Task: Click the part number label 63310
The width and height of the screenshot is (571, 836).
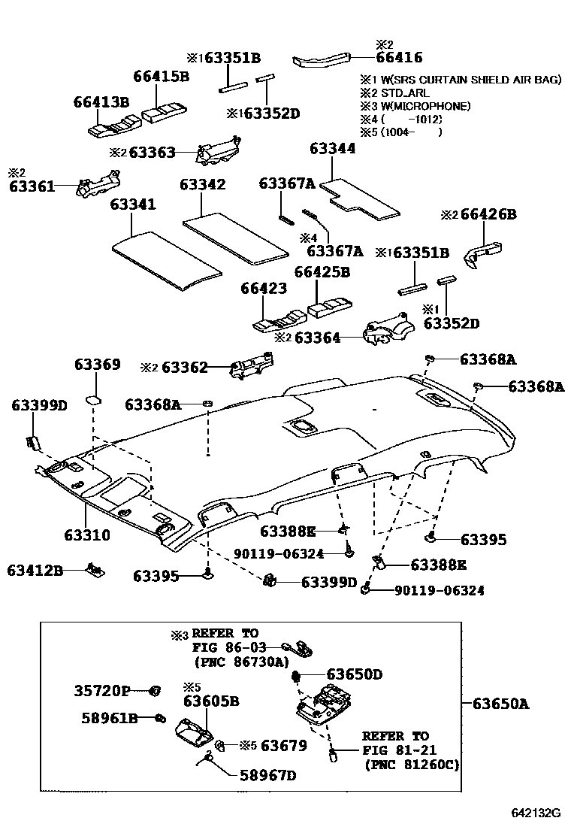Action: [x=87, y=536]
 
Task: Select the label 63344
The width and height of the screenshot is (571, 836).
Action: [x=331, y=149]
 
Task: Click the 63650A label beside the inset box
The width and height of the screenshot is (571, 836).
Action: [x=500, y=704]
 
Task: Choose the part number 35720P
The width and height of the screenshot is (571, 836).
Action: [x=102, y=690]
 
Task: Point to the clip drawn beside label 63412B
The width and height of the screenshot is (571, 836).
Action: [x=95, y=570]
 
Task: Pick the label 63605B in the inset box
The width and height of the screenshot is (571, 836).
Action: [x=211, y=701]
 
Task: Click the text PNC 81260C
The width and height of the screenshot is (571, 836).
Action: [x=410, y=765]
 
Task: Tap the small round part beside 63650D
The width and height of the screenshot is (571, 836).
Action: [x=296, y=676]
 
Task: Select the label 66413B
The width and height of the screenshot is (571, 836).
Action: [x=101, y=101]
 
